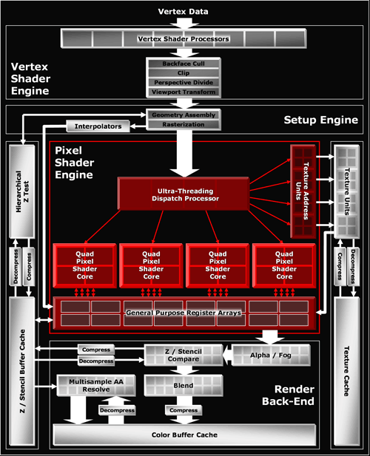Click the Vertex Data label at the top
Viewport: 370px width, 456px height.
click(183, 12)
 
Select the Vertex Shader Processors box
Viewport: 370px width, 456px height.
click(184, 38)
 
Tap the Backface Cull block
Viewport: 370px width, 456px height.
click(184, 64)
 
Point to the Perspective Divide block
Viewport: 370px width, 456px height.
click(184, 83)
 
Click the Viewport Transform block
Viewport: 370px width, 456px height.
click(184, 92)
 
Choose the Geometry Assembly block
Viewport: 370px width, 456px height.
click(184, 115)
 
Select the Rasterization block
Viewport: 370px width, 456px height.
click(184, 124)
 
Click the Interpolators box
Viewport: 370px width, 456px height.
click(98, 126)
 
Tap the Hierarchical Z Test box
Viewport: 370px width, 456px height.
click(22, 191)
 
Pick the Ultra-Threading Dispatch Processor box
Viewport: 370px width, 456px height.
click(184, 194)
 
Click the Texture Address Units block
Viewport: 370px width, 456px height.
click(303, 191)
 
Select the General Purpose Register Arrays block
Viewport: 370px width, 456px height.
click(184, 313)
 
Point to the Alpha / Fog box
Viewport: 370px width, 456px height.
click(271, 355)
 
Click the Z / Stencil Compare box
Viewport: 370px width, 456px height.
click(184, 355)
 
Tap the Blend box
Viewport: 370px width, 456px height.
click(184, 386)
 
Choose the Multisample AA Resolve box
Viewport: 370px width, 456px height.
click(96, 386)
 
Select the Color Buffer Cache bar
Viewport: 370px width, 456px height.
click(184, 435)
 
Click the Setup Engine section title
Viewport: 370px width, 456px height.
click(321, 120)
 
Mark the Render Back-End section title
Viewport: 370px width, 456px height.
click(288, 395)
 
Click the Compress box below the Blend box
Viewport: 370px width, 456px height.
click(184, 410)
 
